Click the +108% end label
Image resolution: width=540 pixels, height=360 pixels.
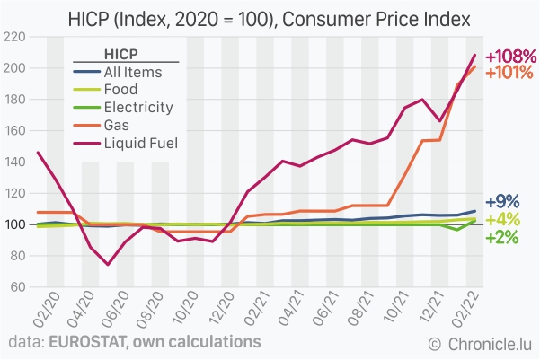pyautogui.click(x=510, y=57)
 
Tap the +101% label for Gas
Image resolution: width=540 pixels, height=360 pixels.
pyautogui.click(x=510, y=73)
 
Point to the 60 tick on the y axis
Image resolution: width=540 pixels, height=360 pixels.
pyautogui.click(x=17, y=287)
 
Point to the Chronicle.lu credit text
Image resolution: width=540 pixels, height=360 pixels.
pyautogui.click(x=490, y=343)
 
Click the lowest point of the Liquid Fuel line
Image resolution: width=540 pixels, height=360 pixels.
pyautogui.click(x=108, y=264)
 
